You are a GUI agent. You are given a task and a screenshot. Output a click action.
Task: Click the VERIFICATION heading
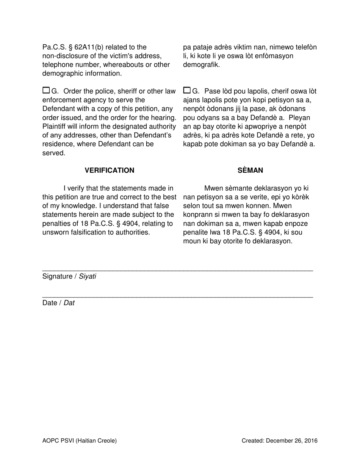coord(109,170)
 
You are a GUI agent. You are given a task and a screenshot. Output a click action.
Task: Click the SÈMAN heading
coord(250,170)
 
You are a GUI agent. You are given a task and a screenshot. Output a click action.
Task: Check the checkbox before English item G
coord(46,90)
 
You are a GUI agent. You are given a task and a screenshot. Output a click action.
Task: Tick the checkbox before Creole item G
coord(187,90)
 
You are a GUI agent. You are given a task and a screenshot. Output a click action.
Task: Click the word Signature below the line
coord(57,277)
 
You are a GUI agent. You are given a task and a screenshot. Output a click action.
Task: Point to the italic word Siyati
coord(88,277)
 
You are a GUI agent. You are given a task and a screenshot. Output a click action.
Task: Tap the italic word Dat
coord(69,303)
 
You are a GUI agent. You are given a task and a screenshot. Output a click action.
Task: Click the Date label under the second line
coord(50,303)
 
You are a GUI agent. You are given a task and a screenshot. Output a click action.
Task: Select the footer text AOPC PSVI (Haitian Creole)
coord(80,441)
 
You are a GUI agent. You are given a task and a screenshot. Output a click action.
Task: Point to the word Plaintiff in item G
coord(55,127)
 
